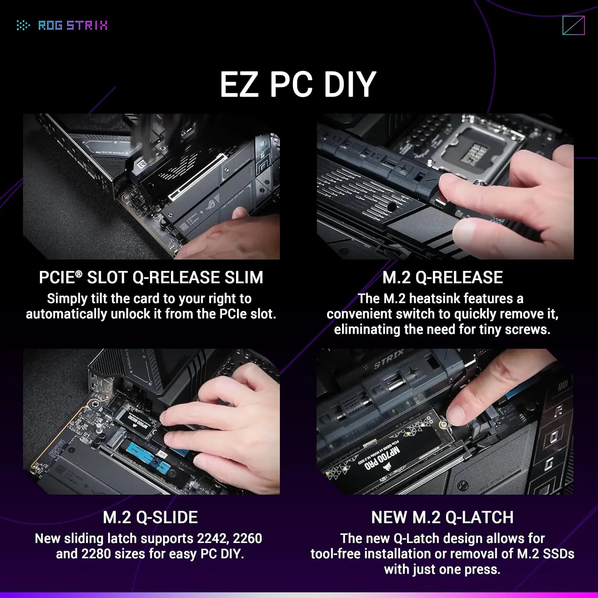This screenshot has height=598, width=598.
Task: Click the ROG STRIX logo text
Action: [73, 26]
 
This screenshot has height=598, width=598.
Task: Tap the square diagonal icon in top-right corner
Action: [573, 26]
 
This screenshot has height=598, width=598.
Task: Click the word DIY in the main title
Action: [350, 85]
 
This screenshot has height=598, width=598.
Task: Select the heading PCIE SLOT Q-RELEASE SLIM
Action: [151, 277]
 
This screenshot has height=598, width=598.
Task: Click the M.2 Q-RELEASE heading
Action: [443, 277]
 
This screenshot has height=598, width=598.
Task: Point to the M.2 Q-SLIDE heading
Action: [150, 517]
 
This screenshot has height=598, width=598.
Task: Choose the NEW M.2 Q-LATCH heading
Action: [443, 517]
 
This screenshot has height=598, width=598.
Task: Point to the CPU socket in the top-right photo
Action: [474, 149]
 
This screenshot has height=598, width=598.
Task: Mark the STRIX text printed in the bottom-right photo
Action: [388, 359]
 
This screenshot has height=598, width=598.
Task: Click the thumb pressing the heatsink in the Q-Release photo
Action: [454, 191]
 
